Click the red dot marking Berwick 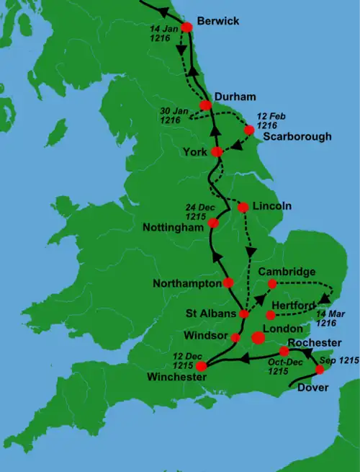186,27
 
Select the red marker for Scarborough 249,130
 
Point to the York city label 194,152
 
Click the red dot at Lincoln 243,207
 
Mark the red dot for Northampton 229,282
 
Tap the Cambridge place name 287,272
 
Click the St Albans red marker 244,314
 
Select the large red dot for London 258,337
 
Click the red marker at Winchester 202,366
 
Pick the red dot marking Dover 320,370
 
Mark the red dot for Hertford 270,315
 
